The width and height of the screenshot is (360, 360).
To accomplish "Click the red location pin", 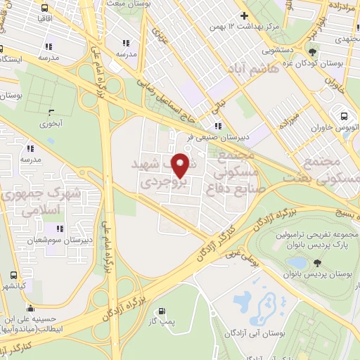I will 181,165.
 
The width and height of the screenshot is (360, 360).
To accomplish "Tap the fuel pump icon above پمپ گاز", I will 163,311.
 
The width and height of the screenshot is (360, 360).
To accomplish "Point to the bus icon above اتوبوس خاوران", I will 345,117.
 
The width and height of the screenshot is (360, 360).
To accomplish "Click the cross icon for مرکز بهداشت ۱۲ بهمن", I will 244,15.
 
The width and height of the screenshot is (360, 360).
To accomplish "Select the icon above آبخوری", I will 51,112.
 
